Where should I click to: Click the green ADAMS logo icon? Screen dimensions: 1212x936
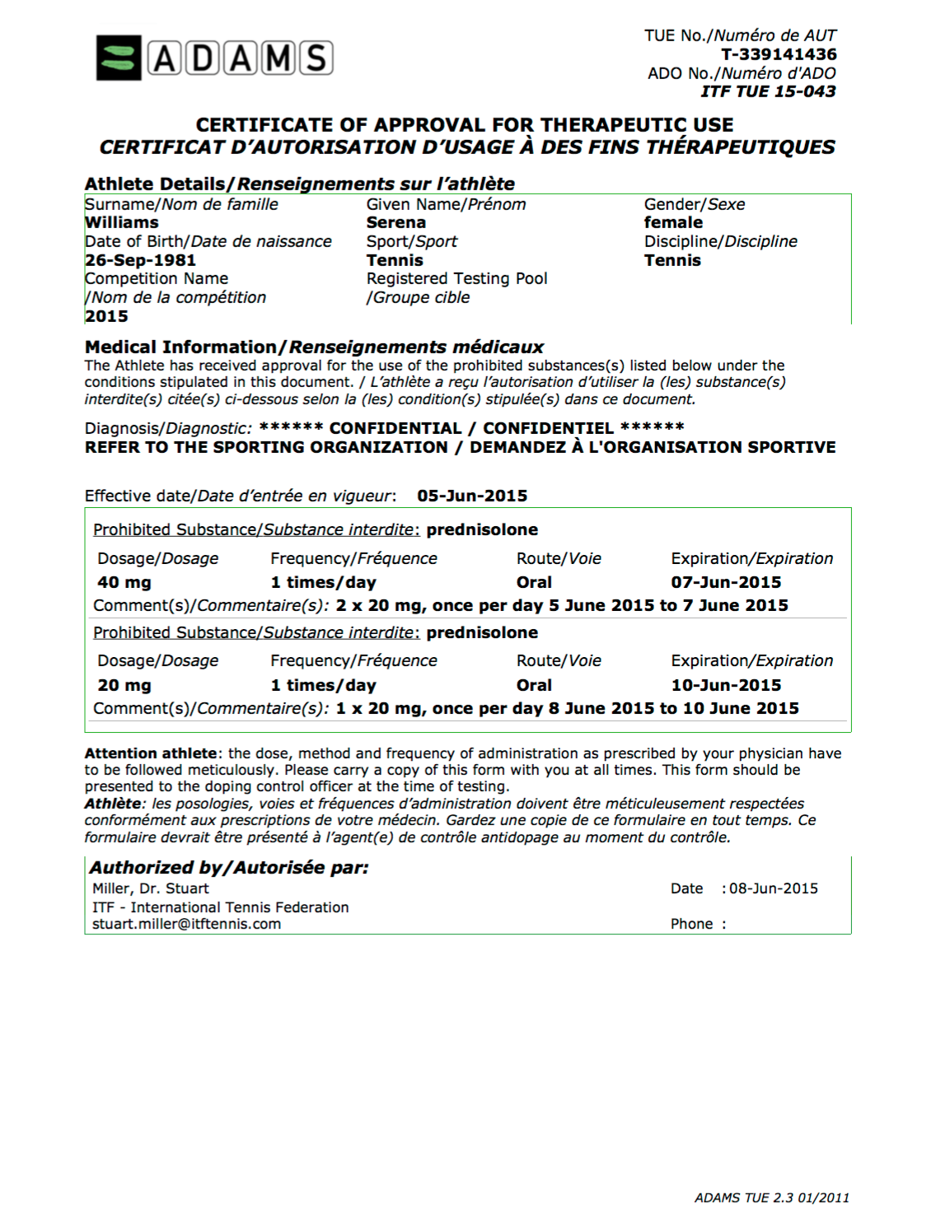pyautogui.click(x=119, y=58)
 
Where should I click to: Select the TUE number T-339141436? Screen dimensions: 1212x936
pyautogui.click(x=779, y=54)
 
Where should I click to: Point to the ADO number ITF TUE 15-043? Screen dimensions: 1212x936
pyautogui.click(x=768, y=91)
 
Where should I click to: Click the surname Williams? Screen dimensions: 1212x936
pyautogui.click(x=122, y=222)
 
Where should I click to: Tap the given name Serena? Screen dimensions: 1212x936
pyautogui.click(x=396, y=222)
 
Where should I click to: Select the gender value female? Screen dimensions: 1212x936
pyautogui.click(x=673, y=222)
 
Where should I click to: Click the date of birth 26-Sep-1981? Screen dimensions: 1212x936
pyautogui.click(x=140, y=260)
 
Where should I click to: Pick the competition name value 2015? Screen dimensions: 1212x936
pyautogui.click(x=107, y=316)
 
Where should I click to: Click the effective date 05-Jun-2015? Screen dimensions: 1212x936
pyautogui.click(x=472, y=496)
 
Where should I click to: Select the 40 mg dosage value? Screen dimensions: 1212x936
pyautogui.click(x=124, y=582)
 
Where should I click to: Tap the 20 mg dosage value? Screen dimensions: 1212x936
pyautogui.click(x=124, y=685)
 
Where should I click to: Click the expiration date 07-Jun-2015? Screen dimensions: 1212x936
pyautogui.click(x=726, y=582)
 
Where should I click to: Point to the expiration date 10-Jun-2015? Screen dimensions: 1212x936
pyautogui.click(x=726, y=685)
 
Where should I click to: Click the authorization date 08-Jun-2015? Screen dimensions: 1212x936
pyautogui.click(x=774, y=888)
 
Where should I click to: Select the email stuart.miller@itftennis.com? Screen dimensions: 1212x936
pyautogui.click(x=187, y=924)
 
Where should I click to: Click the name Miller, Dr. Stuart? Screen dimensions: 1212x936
pyautogui.click(x=151, y=888)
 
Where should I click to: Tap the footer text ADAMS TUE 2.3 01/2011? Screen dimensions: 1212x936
pyautogui.click(x=771, y=1198)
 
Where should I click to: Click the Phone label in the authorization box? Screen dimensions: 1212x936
pyautogui.click(x=691, y=924)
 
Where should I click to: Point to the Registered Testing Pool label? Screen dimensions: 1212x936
pyautogui.click(x=457, y=278)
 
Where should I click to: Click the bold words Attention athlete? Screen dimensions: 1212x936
pyautogui.click(x=151, y=753)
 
